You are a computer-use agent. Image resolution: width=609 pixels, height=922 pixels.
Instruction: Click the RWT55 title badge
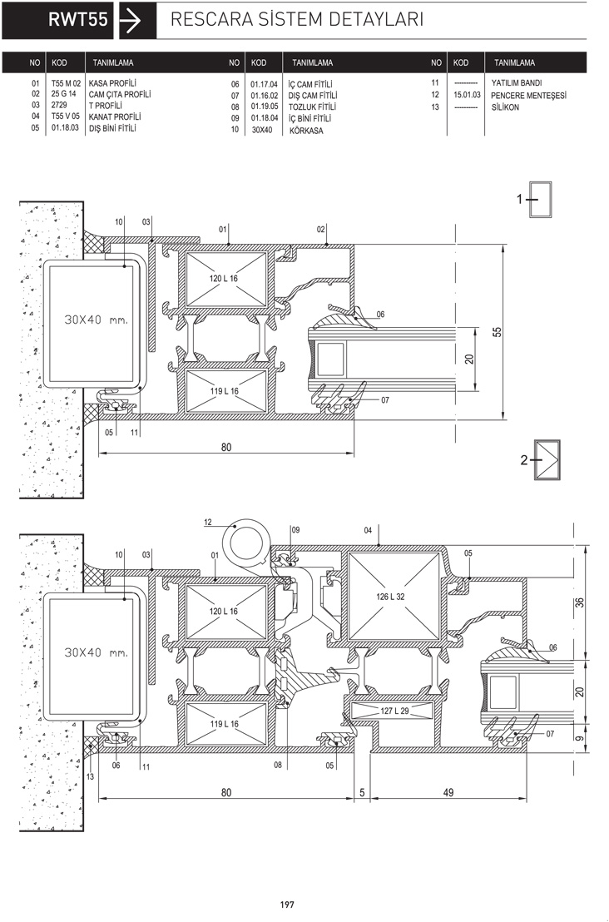point(57,20)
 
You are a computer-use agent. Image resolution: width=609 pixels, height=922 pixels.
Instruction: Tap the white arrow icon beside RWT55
point(130,20)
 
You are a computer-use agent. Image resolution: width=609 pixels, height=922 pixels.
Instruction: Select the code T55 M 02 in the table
point(66,83)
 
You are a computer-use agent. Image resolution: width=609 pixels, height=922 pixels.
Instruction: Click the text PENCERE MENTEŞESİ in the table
point(528,95)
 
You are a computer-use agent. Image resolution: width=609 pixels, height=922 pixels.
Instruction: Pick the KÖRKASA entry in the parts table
point(306,131)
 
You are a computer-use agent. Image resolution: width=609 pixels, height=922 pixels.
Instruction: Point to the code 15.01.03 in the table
point(467,95)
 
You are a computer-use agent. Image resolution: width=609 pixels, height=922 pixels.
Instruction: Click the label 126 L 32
point(390,597)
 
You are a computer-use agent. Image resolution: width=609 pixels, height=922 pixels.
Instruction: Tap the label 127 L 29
point(394,711)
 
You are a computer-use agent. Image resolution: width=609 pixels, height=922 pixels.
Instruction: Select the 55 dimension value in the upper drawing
point(498,332)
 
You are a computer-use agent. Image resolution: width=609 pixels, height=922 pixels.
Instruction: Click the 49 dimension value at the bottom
point(448,793)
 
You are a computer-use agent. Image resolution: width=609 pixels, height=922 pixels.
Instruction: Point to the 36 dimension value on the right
point(580,602)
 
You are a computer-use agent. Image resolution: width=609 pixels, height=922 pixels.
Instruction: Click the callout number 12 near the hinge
point(208,522)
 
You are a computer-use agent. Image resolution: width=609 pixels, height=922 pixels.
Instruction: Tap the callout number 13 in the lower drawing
point(90,776)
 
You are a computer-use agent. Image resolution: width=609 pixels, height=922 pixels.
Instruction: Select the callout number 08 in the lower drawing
point(277,765)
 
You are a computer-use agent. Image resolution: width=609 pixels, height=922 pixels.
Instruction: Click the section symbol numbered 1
point(536,200)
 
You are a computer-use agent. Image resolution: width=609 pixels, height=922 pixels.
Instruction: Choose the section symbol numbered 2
point(540,460)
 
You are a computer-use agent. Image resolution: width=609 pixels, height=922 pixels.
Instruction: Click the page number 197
point(287,905)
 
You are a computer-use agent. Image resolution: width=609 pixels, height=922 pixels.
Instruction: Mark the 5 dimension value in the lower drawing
point(362,793)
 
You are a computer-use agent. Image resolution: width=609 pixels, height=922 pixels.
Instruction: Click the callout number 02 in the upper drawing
point(321,230)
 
